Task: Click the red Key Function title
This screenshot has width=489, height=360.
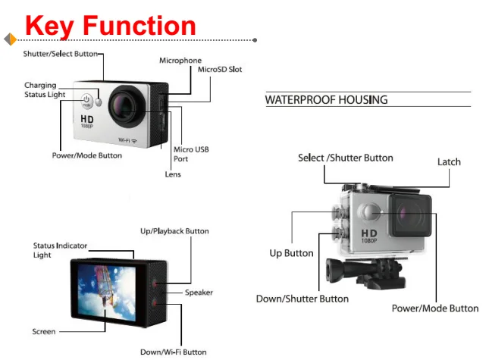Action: click(x=111, y=25)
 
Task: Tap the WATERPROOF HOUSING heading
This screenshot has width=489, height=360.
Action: click(x=326, y=100)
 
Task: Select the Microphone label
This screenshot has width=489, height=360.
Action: click(x=180, y=60)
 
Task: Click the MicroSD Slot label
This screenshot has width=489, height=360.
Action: click(x=220, y=69)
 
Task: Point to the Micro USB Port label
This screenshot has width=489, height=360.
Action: click(x=190, y=154)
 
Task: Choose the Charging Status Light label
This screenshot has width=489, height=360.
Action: click(x=45, y=90)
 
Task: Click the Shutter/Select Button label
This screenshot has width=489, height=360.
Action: click(x=61, y=54)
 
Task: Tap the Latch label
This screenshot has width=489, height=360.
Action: click(x=449, y=161)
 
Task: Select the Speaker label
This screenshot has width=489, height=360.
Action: click(x=199, y=293)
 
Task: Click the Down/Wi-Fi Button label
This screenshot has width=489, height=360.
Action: click(x=173, y=352)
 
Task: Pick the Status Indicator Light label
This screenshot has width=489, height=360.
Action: click(x=60, y=250)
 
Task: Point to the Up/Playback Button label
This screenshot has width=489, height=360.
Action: click(x=174, y=231)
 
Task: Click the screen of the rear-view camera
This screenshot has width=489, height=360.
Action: click(x=105, y=290)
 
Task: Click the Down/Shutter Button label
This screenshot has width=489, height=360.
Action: click(x=302, y=299)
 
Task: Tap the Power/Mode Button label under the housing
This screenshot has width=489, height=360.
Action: click(x=434, y=308)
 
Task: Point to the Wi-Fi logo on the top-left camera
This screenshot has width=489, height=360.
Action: click(x=127, y=141)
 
